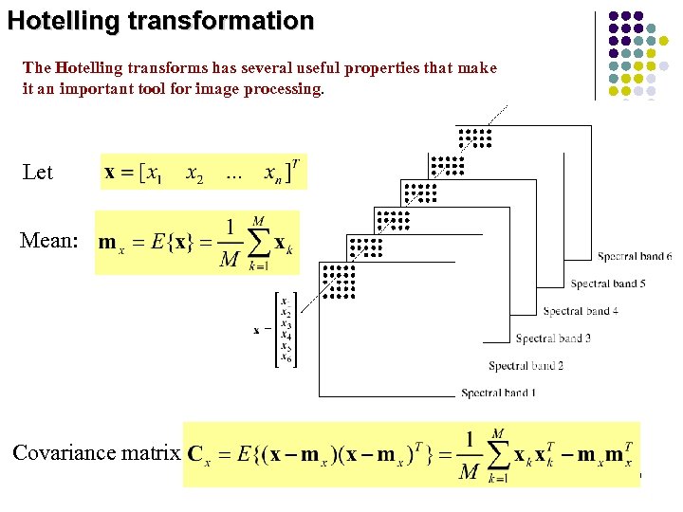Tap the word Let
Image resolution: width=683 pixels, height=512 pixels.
pyautogui.click(x=38, y=173)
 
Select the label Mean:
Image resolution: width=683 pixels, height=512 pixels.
pyautogui.click(x=49, y=241)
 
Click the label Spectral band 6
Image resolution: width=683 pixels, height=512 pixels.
pyautogui.click(x=635, y=257)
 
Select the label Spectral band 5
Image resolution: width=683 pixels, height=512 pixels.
pyautogui.click(x=608, y=283)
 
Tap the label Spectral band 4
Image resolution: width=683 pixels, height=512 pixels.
pyautogui.click(x=581, y=311)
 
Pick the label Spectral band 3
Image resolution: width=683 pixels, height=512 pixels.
pyautogui.click(x=553, y=338)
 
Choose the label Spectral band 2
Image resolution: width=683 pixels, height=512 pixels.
pyautogui.click(x=526, y=366)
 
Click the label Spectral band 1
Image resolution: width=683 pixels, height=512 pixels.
pyautogui.click(x=498, y=393)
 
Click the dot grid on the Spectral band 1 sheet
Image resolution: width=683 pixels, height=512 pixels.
pyautogui.click(x=338, y=282)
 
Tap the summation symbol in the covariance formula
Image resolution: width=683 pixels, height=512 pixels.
pyautogui.click(x=496, y=457)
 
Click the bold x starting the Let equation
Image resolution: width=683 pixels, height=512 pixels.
pyautogui.click(x=111, y=174)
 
